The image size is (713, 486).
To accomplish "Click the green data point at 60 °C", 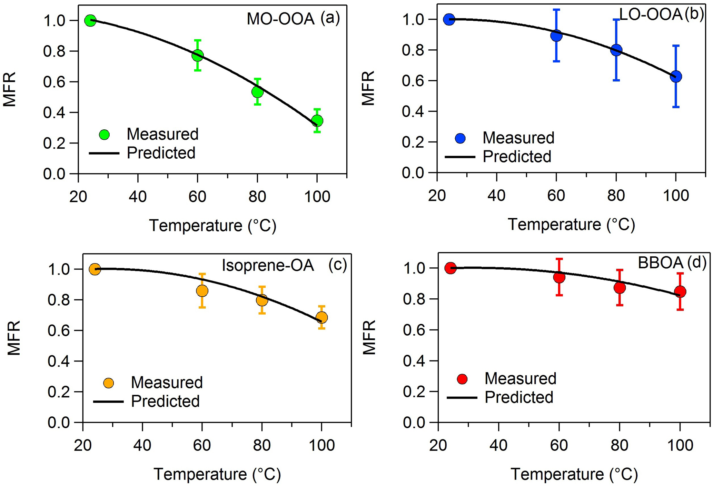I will (197, 55).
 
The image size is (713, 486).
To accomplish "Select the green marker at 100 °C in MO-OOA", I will (317, 121).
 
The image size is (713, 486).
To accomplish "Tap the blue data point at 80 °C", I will (616, 50).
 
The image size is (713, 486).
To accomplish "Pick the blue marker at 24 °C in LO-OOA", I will (449, 19).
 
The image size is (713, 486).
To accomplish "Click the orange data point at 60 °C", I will (202, 291).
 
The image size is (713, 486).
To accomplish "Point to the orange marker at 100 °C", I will (321, 317).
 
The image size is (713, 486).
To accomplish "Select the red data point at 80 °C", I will (620, 288).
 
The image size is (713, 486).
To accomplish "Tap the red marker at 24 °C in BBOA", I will (450, 268).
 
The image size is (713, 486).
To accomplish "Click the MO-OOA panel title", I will (280, 19).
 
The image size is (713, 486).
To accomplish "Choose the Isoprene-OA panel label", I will (268, 266).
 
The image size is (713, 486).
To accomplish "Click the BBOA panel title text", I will (660, 263).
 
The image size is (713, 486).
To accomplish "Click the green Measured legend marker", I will (104, 135).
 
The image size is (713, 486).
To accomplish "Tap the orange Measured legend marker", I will (109, 383).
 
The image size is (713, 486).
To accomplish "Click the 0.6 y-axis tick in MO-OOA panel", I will (54, 82).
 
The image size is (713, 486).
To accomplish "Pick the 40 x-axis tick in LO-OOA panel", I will (496, 196).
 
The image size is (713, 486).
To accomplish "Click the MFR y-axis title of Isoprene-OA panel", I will (14, 338).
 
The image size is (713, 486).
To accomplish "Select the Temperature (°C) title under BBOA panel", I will (574, 474).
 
